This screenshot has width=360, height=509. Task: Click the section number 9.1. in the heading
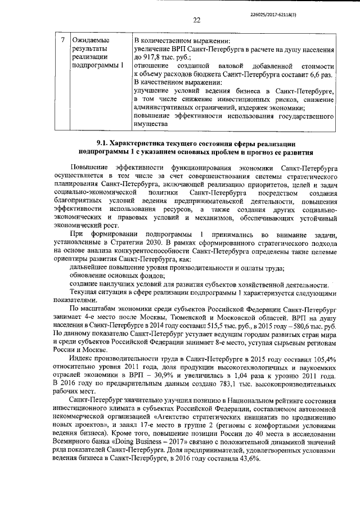103,143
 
